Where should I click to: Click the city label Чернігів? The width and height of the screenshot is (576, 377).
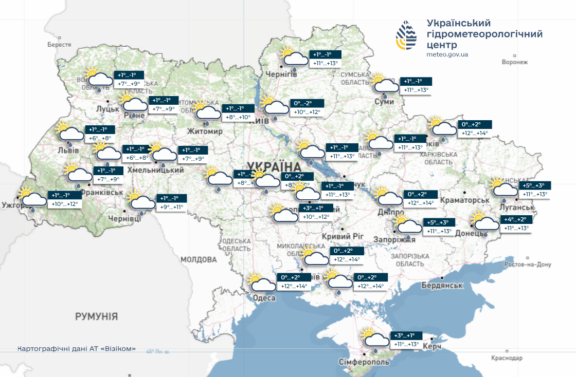click(281, 74)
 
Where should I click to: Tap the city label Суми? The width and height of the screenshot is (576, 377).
click(384, 102)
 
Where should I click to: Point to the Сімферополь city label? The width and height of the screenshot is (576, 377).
click(364, 363)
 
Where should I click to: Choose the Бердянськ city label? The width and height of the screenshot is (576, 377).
click(442, 285)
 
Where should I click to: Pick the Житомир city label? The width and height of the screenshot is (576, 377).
click(205, 131)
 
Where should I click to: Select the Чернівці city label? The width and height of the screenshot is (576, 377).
click(124, 218)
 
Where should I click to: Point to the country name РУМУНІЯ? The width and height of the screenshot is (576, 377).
click(97, 316)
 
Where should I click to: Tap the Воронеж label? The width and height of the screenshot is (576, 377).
click(514, 62)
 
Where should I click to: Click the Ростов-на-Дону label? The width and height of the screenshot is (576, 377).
click(528, 265)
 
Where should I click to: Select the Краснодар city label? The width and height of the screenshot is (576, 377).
click(507, 358)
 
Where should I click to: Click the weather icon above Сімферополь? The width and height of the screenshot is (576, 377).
click(374, 339)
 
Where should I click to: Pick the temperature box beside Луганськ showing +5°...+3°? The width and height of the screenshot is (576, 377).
click(534, 185)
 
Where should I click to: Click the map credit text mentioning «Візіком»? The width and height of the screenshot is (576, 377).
click(77, 349)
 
